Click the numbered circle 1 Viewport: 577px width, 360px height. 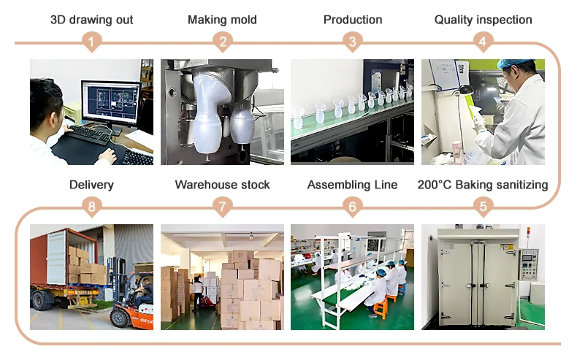pyautogui.click(x=91, y=42)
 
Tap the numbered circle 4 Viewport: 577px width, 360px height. pyautogui.click(x=482, y=42)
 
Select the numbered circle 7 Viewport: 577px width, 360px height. pyautogui.click(x=222, y=207)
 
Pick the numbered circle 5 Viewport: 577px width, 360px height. pyautogui.click(x=482, y=207)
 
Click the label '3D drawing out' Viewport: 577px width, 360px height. pyautogui.click(x=91, y=20)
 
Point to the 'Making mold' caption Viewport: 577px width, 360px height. pyautogui.click(x=222, y=20)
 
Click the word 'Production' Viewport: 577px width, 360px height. pyautogui.click(x=353, y=20)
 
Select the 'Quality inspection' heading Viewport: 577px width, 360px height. pyautogui.click(x=483, y=20)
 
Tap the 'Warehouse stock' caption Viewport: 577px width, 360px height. pyautogui.click(x=222, y=185)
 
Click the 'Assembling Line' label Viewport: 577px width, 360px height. pyautogui.click(x=353, y=185)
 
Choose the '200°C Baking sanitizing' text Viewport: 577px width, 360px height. pyautogui.click(x=483, y=185)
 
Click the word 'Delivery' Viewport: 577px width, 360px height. pyautogui.click(x=91, y=185)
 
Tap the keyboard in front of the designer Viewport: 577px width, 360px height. pyautogui.click(x=90, y=134)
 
